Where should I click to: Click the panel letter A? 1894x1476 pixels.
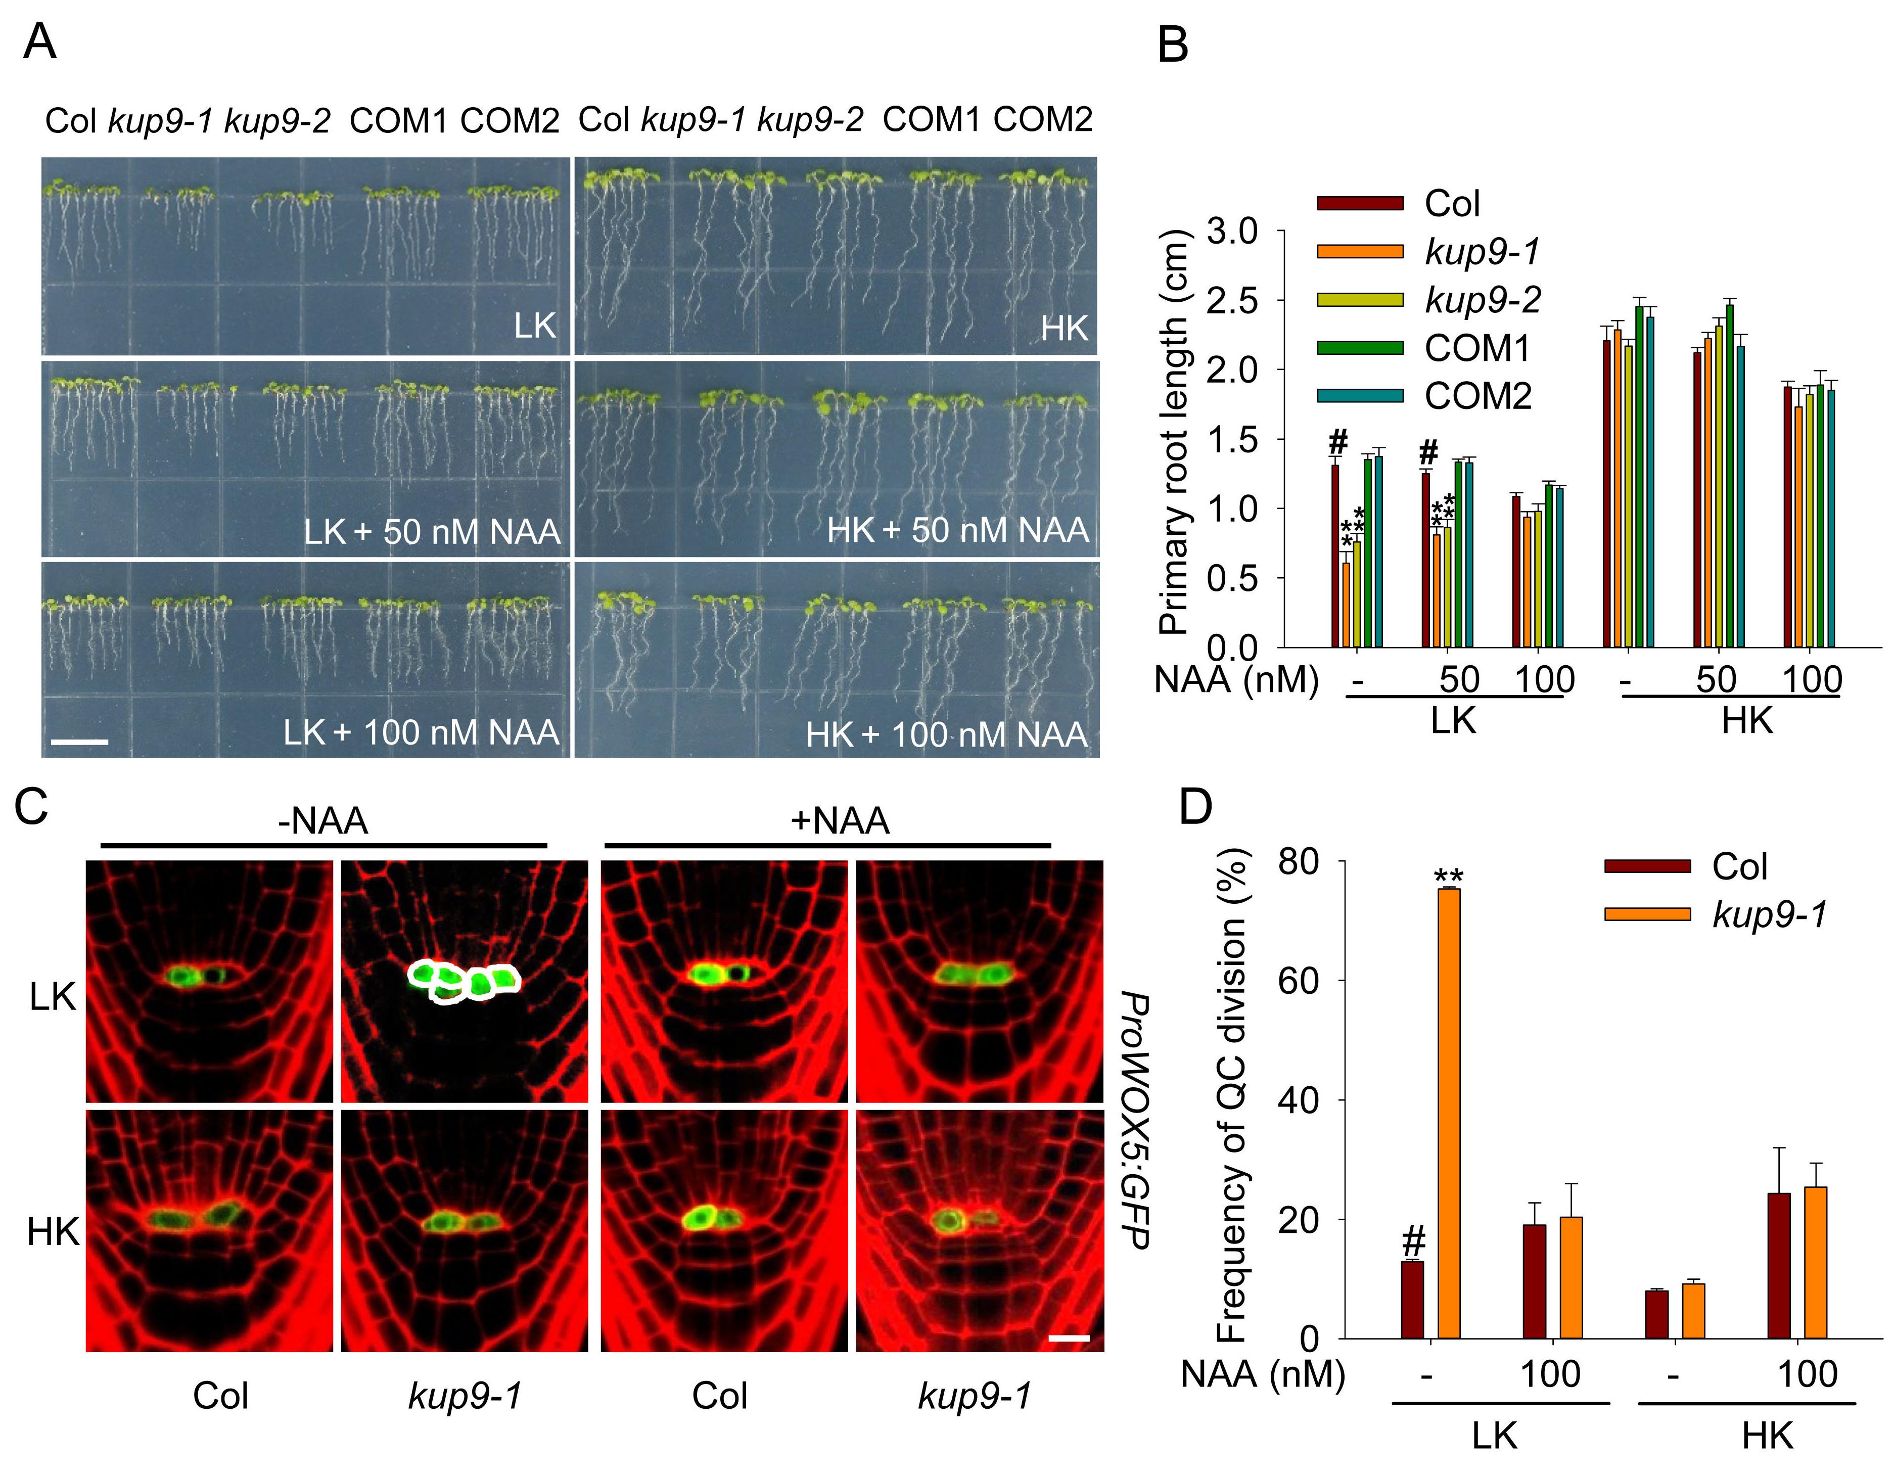coord(40,41)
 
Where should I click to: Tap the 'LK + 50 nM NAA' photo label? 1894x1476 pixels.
coord(432,531)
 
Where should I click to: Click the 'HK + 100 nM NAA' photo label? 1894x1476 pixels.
coord(946,734)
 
